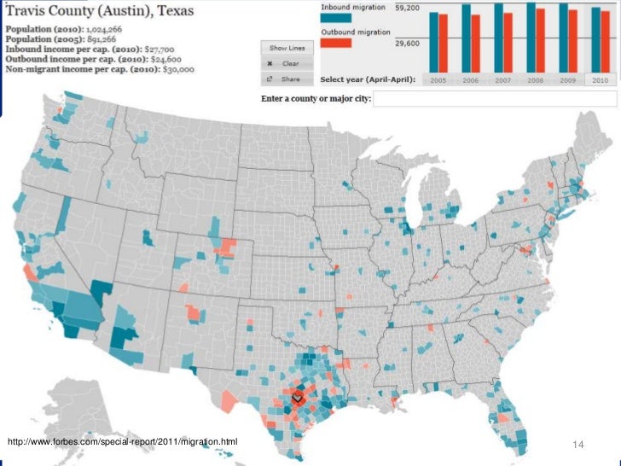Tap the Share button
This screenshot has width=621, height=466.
point(286,79)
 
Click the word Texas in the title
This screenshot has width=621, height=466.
point(170,12)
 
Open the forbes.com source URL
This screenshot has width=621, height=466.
point(122,440)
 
